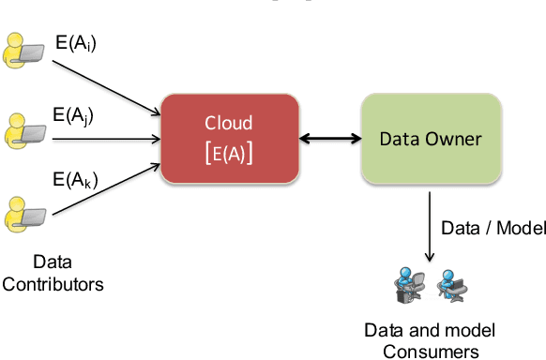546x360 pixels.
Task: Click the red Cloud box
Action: click(x=231, y=138)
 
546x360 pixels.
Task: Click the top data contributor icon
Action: click(x=23, y=51)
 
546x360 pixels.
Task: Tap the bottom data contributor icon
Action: click(x=23, y=213)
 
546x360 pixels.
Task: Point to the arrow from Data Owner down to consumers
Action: click(x=429, y=225)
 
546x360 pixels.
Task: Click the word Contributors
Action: click(x=53, y=282)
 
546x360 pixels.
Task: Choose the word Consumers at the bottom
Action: click(x=429, y=351)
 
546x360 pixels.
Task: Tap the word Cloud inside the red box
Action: click(x=231, y=123)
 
